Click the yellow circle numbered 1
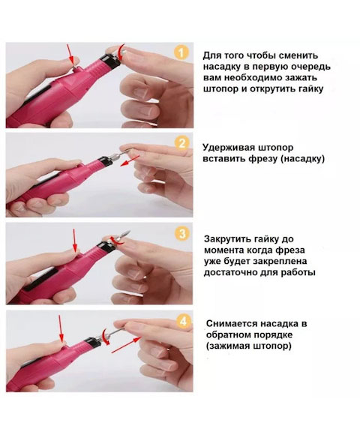coord(180,52)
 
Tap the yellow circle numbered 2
coord(181,142)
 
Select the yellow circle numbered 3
coord(181,232)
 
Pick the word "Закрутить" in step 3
coord(230,238)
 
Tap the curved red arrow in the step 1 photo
coord(121,52)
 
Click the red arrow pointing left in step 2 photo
coord(130,159)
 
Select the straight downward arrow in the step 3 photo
coord(74,242)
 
